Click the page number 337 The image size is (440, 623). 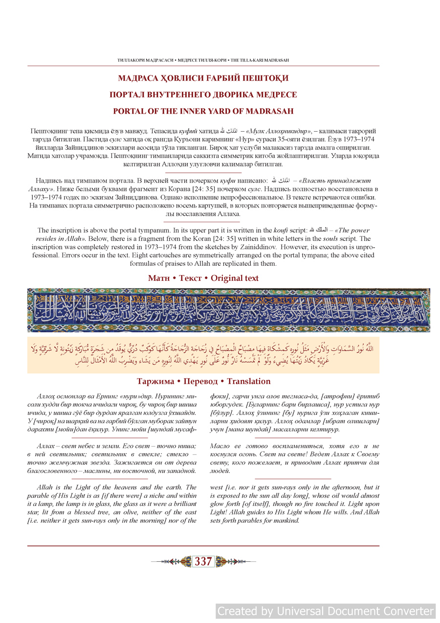pyautogui.click(x=203, y=562)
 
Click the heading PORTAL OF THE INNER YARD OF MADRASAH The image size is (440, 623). pyautogui.click(x=203, y=111)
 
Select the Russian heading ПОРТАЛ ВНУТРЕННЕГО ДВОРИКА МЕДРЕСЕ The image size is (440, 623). pyautogui.click(x=203, y=94)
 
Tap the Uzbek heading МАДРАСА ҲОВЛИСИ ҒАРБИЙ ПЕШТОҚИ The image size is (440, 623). pyautogui.click(x=203, y=78)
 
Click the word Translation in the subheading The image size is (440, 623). pyautogui.click(x=248, y=381)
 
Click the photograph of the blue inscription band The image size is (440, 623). pyautogui.click(x=228, y=310)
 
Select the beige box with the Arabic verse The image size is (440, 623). pyautogui.click(x=203, y=355)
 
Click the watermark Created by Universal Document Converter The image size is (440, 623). pyautogui.click(x=326, y=611)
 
